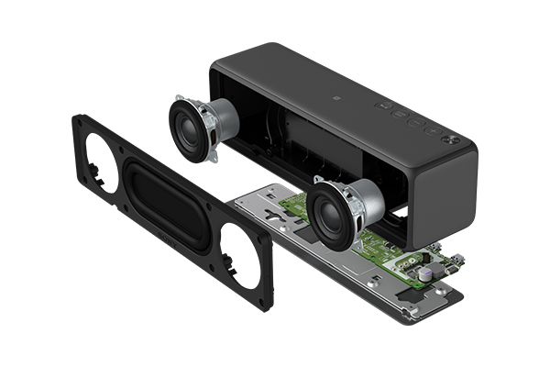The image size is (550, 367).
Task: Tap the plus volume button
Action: (x=434, y=131)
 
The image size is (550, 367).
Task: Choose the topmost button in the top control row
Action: (x=382, y=106)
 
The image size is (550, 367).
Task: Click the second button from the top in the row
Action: (x=401, y=114)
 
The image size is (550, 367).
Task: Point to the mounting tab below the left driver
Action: (x=212, y=158)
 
